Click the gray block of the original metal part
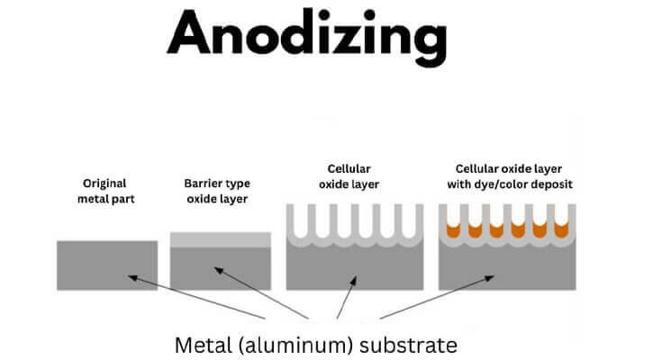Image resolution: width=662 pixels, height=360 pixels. (x=107, y=265)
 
